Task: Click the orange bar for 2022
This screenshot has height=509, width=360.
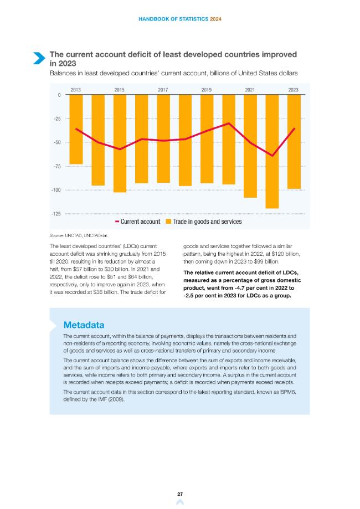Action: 272,151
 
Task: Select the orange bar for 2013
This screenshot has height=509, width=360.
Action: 76,129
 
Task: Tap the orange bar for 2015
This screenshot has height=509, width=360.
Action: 120,143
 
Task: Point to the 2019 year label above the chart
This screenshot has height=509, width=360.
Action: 207,90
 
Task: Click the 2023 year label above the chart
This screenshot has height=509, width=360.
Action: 293,90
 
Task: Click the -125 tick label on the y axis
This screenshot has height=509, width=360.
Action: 56,214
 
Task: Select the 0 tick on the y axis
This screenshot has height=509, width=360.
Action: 59,95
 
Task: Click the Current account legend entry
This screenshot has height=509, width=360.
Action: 138,222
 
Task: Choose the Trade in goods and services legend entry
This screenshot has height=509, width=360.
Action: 203,222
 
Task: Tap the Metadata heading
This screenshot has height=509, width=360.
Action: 84,325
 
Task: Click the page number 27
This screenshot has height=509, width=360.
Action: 180,494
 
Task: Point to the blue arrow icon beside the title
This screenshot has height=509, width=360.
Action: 39,58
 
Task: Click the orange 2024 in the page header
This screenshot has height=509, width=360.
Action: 215,19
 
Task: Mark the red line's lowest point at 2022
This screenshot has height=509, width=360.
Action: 272,156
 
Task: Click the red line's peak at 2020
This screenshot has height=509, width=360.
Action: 229,124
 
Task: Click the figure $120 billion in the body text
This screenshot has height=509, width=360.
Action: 287,254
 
